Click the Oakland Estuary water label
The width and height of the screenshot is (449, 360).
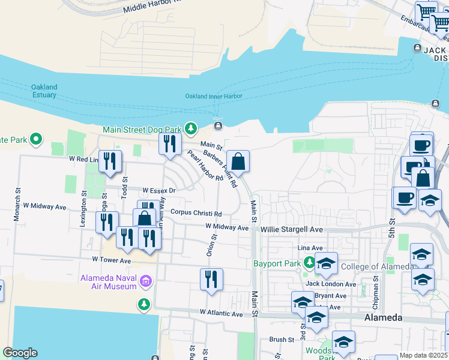pos(44,91)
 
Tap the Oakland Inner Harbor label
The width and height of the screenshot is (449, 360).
pos(213,96)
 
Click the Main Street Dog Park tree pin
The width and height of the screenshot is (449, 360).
pos(191,128)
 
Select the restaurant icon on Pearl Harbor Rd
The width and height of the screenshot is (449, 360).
pos(169,144)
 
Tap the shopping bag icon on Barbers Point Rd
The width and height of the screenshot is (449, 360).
pos(238,161)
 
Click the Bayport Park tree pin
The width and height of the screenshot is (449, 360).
pos(309,262)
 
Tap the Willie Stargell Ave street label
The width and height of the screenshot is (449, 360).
pos(291,229)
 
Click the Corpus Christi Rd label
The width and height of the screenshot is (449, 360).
pos(196,213)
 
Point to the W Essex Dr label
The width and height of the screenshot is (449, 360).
pos(158,190)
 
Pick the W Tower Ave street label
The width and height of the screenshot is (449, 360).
pos(111,260)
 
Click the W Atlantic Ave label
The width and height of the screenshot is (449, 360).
pos(221,313)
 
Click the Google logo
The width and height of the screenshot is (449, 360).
pos(20,353)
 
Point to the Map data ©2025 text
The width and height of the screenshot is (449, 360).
pos(424,355)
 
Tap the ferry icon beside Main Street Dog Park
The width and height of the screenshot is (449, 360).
pos(217,125)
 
